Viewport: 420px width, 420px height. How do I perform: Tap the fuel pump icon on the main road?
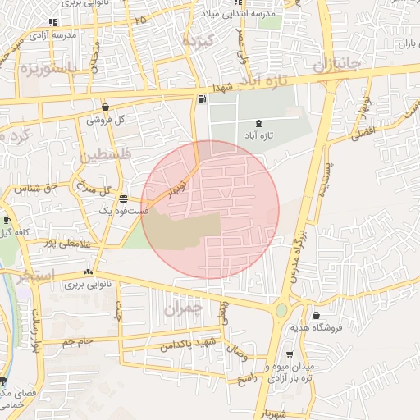coord(202,99)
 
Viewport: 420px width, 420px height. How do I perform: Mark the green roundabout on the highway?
coord(282,311)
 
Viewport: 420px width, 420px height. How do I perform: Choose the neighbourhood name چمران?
coord(182,308)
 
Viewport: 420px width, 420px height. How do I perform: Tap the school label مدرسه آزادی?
coord(52,35)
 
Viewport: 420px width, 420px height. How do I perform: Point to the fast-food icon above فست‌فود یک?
coord(123,199)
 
